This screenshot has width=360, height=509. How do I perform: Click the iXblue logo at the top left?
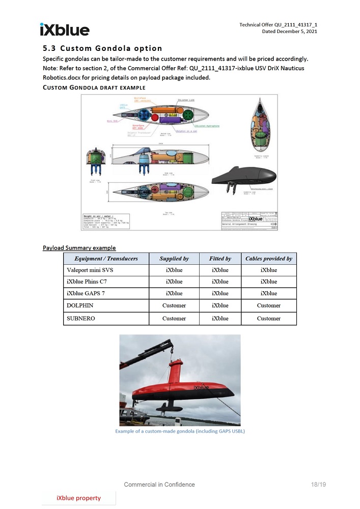tap(64, 30)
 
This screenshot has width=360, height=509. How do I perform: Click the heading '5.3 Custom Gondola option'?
tap(102, 48)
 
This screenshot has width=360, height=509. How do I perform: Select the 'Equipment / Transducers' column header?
tap(106, 259)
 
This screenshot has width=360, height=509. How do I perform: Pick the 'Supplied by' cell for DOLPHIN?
tap(174, 306)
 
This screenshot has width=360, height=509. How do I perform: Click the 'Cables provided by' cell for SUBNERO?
tap(268, 319)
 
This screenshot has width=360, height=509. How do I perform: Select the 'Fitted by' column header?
tap(220, 259)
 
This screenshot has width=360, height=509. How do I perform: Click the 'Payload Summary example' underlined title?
tap(79, 248)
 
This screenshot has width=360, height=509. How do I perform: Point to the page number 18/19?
tap(318, 485)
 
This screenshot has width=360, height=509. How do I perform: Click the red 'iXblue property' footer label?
tap(78, 498)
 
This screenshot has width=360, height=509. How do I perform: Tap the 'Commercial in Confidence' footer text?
tap(159, 485)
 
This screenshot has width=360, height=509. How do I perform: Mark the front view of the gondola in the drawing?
tap(96, 160)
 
